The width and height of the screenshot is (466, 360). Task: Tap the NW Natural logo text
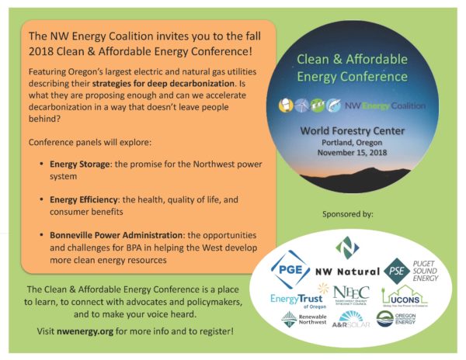click(346, 272)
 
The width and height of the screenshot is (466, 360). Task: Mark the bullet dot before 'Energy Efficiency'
click(40, 200)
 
